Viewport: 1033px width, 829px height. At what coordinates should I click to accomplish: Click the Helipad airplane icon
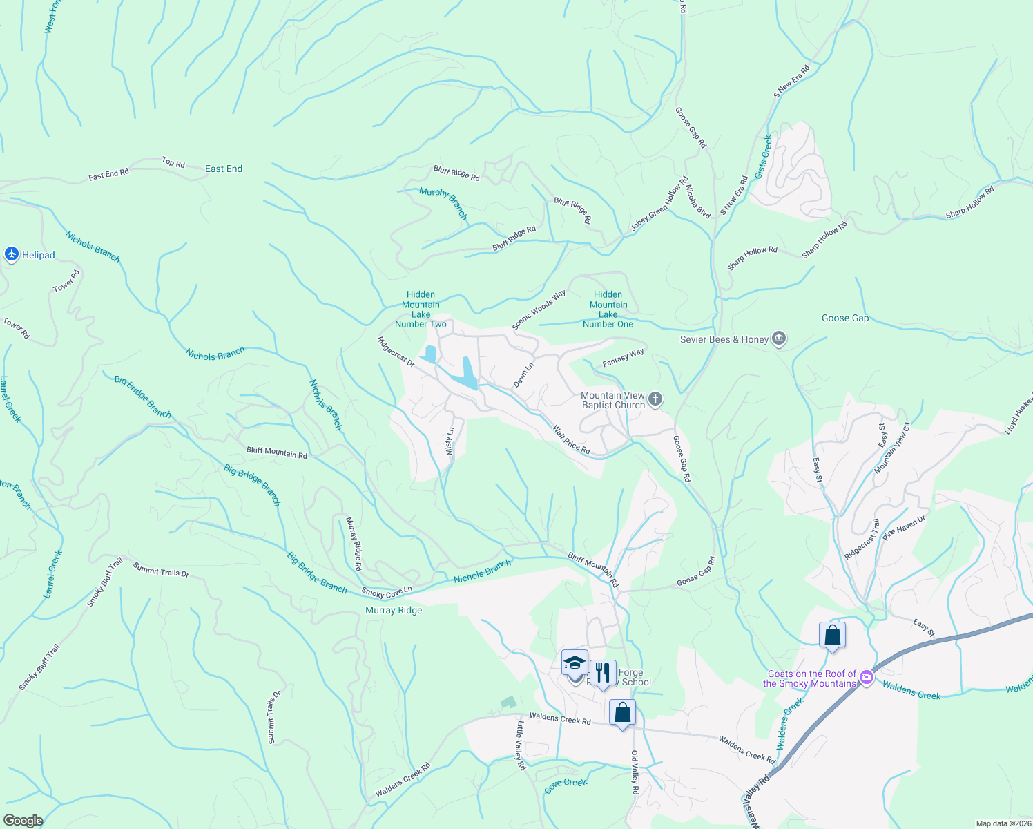(11, 255)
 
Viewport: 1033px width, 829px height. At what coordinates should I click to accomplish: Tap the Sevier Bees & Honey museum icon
(779, 339)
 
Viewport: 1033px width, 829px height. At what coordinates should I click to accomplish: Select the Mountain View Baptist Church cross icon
(655, 399)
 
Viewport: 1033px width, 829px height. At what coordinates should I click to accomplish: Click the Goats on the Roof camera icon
(867, 678)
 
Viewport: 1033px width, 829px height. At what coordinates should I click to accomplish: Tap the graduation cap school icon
(575, 664)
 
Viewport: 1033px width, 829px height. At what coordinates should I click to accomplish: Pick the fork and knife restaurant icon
(603, 671)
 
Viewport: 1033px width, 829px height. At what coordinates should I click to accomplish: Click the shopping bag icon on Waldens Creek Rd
(622, 712)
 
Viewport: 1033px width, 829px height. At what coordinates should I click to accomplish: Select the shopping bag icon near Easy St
(832, 635)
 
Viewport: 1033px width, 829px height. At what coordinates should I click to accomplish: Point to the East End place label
(224, 169)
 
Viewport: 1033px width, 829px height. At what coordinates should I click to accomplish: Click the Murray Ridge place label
(394, 610)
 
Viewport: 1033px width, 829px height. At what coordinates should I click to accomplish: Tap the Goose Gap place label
(845, 318)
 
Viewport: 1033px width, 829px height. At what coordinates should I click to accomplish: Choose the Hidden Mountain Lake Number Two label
(421, 309)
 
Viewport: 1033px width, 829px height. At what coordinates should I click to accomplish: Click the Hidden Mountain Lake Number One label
(608, 309)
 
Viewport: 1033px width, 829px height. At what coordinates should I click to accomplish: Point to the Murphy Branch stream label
(443, 203)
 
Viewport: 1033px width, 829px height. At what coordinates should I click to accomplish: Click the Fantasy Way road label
(623, 357)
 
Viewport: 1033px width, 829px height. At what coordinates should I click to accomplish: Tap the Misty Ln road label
(450, 441)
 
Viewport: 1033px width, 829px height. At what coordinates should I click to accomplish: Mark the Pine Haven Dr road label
(903, 528)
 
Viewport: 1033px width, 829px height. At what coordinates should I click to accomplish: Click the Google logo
(23, 821)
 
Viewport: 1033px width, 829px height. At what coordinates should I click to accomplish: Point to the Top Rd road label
(173, 162)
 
